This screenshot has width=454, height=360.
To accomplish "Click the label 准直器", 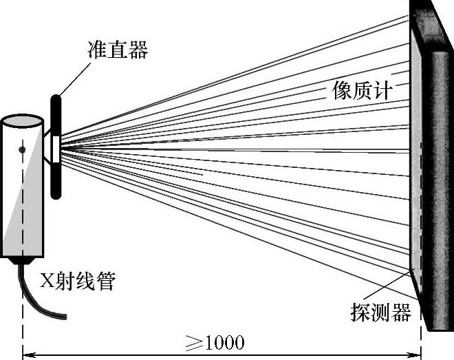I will coord(118,50).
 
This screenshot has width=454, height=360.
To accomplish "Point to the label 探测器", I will coord(380,313).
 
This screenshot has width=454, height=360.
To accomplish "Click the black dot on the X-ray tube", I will coord(23,149).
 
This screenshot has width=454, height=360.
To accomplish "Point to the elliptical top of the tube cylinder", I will coord(22,122).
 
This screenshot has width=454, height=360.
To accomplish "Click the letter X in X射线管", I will coord(46,282).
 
